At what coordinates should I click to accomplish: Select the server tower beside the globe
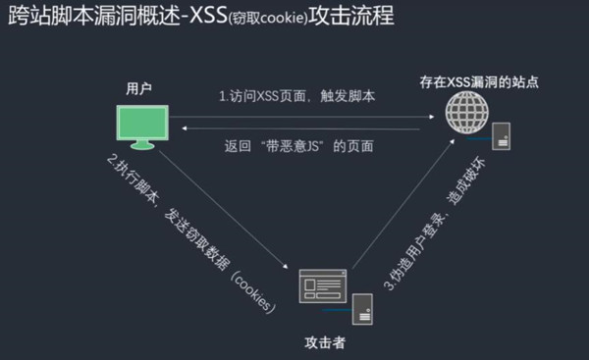tap(501, 135)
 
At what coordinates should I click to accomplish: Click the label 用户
tap(138, 88)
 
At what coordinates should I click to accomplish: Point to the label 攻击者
tap(324, 343)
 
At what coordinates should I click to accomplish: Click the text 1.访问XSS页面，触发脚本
tap(296, 97)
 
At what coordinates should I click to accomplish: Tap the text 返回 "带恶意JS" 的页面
tap(298, 147)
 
